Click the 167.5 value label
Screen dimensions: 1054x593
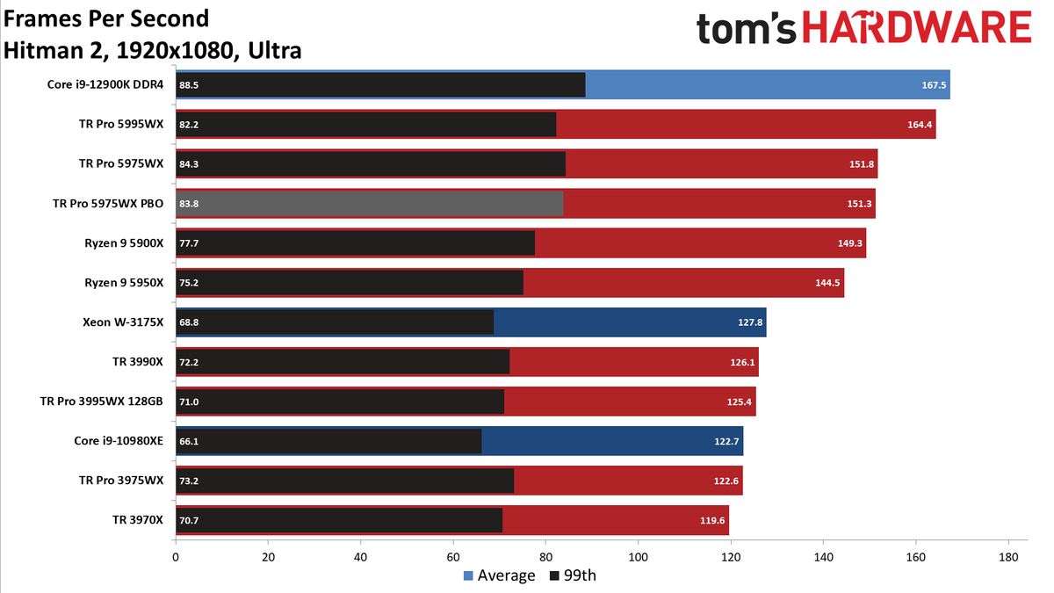coord(934,85)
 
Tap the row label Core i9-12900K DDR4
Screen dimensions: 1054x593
coord(105,84)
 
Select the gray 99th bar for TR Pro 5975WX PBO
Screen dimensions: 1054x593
coord(370,203)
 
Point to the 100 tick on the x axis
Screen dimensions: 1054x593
coord(638,557)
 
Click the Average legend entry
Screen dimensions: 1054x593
coord(499,575)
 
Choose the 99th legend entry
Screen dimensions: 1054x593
coord(573,575)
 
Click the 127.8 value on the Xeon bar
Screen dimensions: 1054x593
coord(750,322)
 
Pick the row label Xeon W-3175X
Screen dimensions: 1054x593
coord(123,322)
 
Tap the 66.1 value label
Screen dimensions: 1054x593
coord(189,441)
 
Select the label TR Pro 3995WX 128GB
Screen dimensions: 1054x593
coord(102,401)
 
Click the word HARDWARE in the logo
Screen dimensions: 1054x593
coord(917,28)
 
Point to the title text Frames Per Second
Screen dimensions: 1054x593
coord(106,19)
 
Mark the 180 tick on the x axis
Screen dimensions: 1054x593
coord(1008,557)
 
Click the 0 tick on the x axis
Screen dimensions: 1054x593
coord(176,557)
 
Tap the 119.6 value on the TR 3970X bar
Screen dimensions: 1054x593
coord(712,520)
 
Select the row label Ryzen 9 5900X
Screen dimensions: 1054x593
coord(124,242)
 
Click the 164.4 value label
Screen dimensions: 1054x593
coord(920,125)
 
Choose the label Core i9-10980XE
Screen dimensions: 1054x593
coord(119,441)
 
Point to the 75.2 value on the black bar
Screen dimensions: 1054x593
coord(189,283)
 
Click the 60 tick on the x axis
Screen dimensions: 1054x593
coord(453,557)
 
